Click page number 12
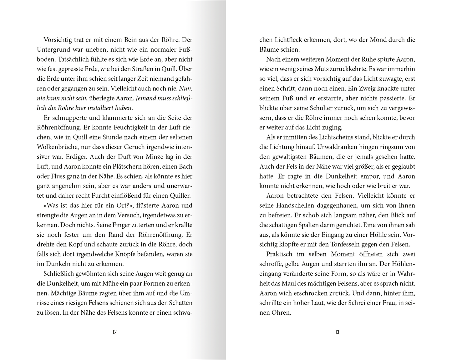click(114, 332)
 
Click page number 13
click(337, 332)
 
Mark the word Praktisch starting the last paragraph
click(280, 254)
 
